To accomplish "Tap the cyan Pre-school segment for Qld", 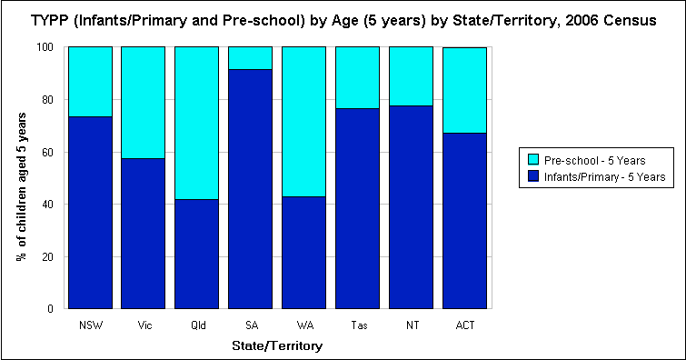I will (197, 122).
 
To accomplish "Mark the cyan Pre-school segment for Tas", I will (357, 77).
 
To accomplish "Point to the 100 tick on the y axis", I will (51, 46).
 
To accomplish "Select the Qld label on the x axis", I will (197, 325).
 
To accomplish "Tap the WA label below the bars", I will (303, 325).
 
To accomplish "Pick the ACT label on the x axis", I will (464, 325).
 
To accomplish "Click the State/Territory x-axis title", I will (277, 345).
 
